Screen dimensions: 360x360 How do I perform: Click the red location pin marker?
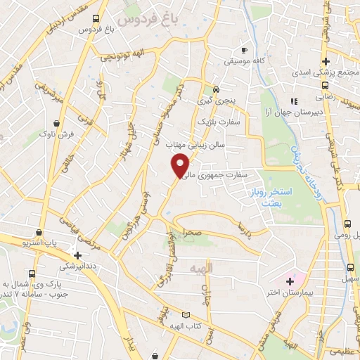pyautogui.click(x=181, y=166)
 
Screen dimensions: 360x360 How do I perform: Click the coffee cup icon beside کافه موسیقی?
pyautogui.click(x=244, y=51)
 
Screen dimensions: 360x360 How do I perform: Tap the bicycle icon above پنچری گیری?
pyautogui.click(x=216, y=90)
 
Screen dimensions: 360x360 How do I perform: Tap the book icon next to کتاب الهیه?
pyautogui.click(x=186, y=316)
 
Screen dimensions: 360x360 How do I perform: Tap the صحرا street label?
pyautogui.click(x=193, y=231)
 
